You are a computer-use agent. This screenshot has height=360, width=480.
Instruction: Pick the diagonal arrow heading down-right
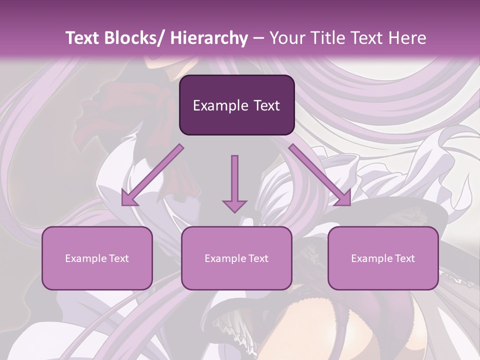(320, 175)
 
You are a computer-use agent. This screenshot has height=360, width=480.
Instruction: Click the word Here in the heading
(407, 38)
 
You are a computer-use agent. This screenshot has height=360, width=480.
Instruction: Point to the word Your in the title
(286, 38)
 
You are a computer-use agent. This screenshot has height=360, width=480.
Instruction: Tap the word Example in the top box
(220, 106)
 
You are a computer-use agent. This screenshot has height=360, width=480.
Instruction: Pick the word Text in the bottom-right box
(404, 258)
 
